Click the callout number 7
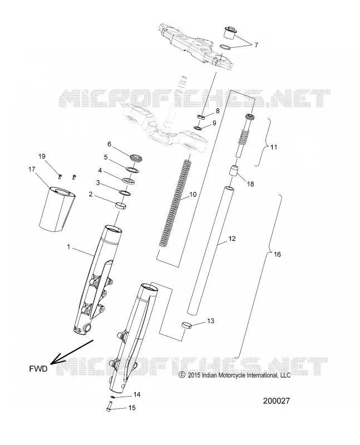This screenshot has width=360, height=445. (256, 45)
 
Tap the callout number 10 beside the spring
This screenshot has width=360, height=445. (193, 195)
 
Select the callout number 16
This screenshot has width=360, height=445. (277, 254)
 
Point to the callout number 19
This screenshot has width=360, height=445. (42, 156)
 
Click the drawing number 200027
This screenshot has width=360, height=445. (277, 400)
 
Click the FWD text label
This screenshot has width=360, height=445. (38, 369)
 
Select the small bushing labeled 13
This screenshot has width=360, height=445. (186, 324)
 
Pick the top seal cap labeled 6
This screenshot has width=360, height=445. (136, 158)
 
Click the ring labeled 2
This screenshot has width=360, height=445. (121, 205)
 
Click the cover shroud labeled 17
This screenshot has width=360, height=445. (58, 210)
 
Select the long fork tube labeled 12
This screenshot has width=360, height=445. (210, 250)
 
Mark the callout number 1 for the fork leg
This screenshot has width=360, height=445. (68, 247)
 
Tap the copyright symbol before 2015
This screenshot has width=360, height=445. (182, 375)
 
